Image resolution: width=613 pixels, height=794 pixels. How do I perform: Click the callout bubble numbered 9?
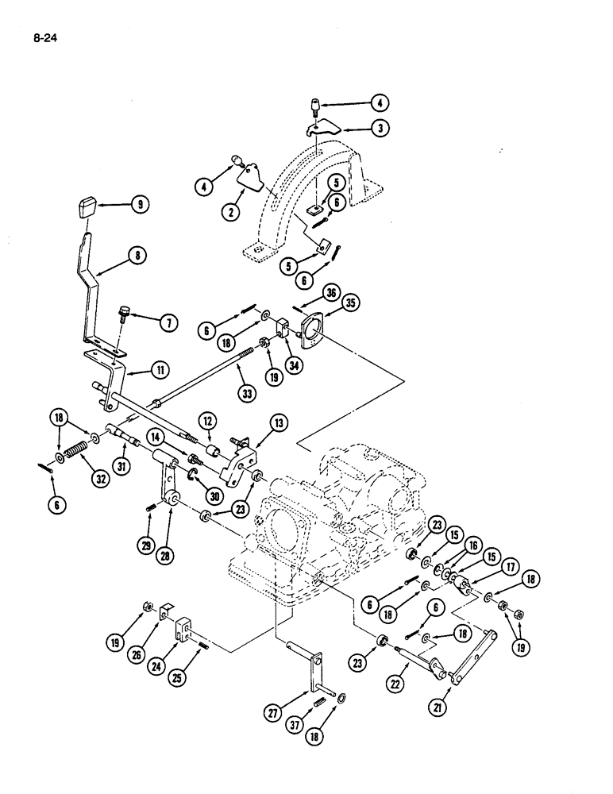[x=140, y=204]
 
